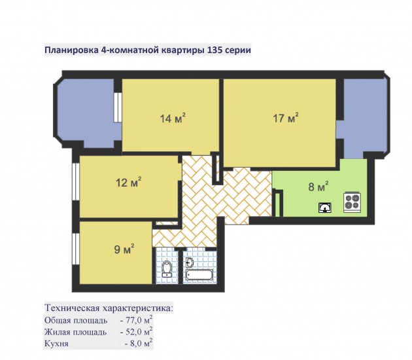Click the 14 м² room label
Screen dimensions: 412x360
point(173,118)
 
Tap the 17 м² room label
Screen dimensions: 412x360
point(286,118)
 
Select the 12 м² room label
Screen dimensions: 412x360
point(129,182)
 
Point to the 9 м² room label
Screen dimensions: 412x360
point(124,249)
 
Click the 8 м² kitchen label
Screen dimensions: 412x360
point(318,187)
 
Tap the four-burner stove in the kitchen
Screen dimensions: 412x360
point(352,202)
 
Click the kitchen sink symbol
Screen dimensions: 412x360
point(325,207)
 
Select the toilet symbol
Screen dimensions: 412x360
point(167,269)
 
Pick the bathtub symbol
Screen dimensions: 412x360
point(199,276)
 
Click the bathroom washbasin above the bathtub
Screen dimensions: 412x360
point(190,262)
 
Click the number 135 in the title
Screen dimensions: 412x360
point(215,50)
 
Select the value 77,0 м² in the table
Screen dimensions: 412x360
point(137,321)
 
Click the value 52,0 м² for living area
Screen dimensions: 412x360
point(137,332)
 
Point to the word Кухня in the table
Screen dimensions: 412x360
point(56,344)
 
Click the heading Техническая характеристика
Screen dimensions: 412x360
point(109,308)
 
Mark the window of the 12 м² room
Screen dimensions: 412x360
point(76,182)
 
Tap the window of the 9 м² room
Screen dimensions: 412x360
point(76,249)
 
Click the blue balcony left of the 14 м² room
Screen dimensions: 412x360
point(86,113)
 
